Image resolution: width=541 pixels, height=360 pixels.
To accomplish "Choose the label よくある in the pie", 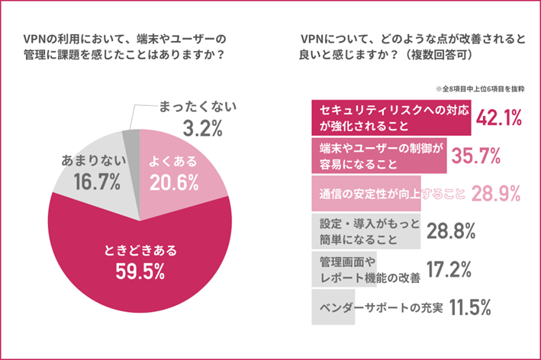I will pyautogui.click(x=173, y=161).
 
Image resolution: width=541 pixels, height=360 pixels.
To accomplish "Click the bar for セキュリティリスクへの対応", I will pyautogui.click(x=389, y=117).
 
